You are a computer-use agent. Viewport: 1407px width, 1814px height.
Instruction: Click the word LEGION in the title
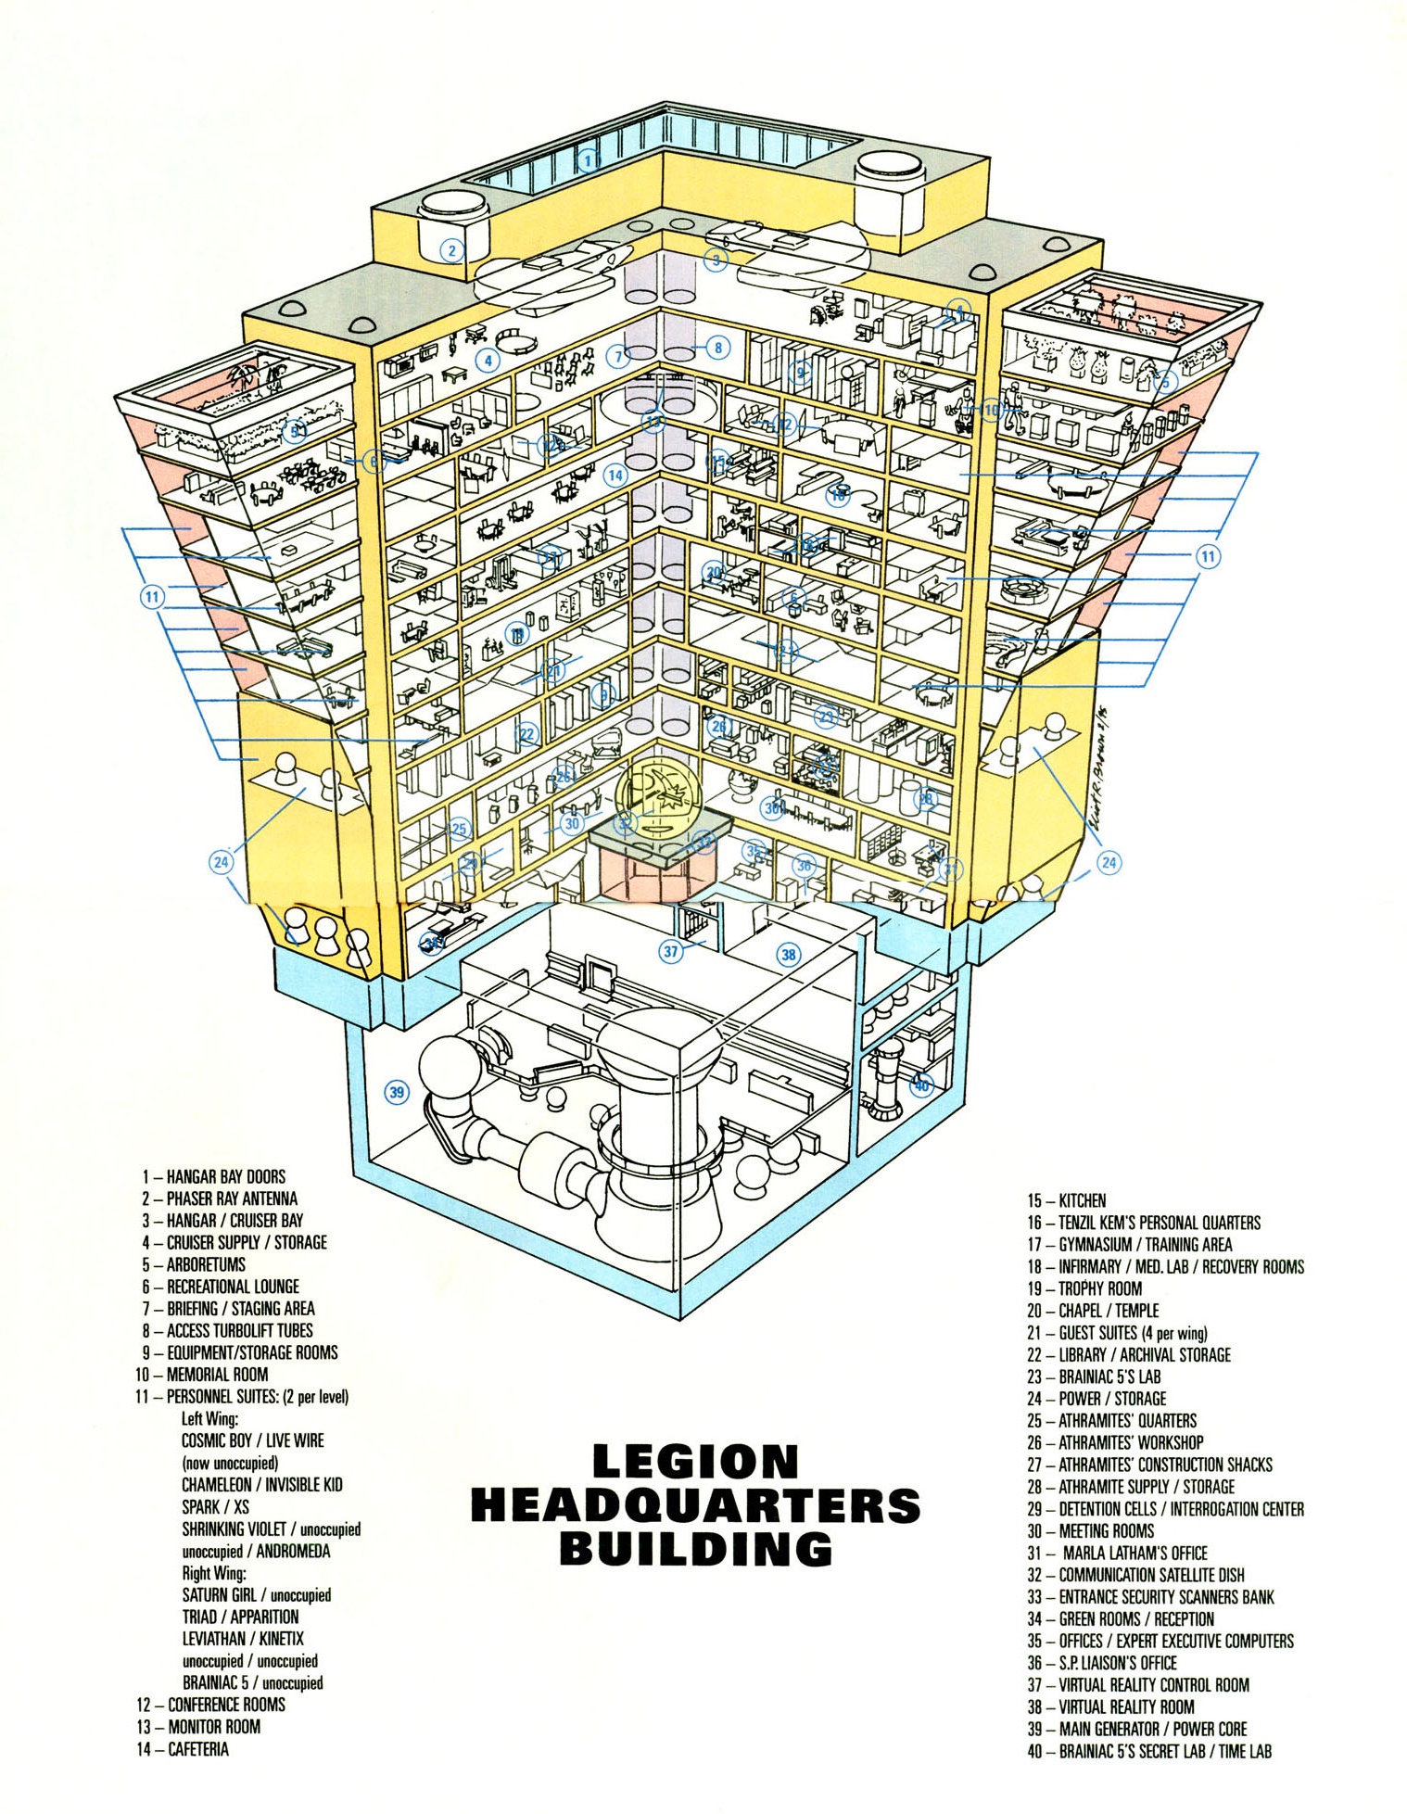[694, 1463]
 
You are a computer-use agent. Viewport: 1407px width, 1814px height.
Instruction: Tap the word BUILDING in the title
[695, 1548]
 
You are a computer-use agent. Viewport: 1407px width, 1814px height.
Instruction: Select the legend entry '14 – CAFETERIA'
[182, 1749]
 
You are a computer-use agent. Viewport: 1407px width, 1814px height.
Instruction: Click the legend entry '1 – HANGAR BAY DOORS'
[213, 1176]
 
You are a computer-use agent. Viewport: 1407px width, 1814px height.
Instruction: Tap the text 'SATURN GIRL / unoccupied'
[256, 1595]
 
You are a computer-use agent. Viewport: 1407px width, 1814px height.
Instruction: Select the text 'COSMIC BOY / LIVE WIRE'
[252, 1440]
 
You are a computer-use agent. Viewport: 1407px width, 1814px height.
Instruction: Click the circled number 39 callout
[397, 1092]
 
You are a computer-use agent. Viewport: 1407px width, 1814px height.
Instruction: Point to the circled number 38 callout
[789, 954]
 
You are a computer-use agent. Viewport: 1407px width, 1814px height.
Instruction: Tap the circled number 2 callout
[451, 249]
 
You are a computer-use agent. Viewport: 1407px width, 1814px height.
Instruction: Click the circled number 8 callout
[717, 348]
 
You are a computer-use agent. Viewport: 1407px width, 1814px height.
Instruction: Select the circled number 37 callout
[671, 950]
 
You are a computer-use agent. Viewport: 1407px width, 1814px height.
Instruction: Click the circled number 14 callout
[615, 475]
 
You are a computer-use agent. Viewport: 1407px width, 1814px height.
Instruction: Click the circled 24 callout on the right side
[1109, 862]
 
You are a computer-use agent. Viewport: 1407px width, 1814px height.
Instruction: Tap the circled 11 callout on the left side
[152, 597]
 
